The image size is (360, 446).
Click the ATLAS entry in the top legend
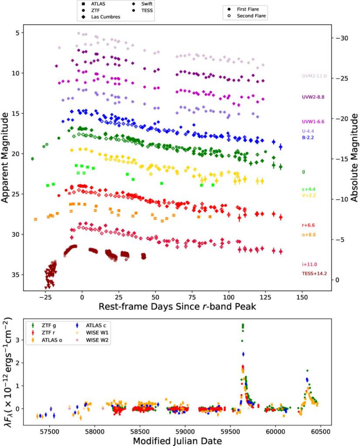coord(96,3)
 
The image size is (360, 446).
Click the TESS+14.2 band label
coord(314,274)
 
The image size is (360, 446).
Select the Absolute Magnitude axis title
coord(354,157)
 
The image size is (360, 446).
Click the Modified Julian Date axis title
coord(177,440)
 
